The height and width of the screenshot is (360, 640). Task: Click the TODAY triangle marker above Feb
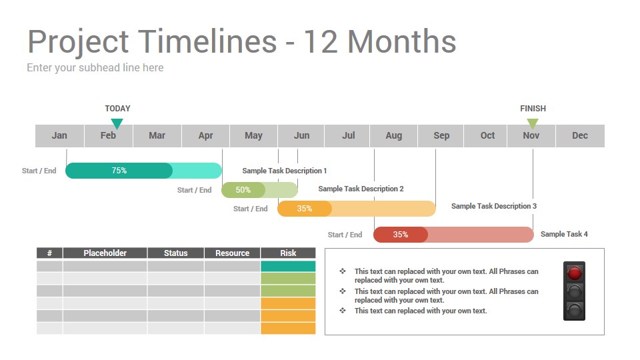coord(117,123)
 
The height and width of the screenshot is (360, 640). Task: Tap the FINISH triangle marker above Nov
coord(533,123)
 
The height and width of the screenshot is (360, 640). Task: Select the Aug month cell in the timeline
coord(394,135)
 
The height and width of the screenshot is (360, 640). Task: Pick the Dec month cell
coord(580,135)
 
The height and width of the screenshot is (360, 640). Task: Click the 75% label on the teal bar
coord(119,171)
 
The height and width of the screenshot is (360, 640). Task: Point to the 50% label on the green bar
coord(243,190)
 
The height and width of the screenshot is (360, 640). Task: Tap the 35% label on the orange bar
coord(305,209)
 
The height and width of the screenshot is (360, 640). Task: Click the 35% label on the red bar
coord(401,235)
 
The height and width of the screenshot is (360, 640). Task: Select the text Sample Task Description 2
coord(361,189)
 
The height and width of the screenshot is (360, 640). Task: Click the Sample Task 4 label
coord(564,234)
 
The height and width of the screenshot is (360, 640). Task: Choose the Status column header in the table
coord(175,253)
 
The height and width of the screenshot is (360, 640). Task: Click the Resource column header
coord(232,253)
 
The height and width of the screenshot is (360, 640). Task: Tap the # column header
coord(49,253)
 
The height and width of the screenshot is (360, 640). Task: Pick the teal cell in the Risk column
coord(288,266)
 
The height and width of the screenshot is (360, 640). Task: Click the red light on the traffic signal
coord(574,272)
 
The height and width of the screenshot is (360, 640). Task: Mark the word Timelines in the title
coord(208,41)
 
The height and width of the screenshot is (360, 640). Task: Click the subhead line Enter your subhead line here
coord(95,67)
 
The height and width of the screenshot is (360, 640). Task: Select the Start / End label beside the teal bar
coord(39,171)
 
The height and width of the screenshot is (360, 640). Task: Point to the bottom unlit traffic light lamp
coord(574,309)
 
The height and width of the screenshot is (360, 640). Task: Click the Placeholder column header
coord(105,253)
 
